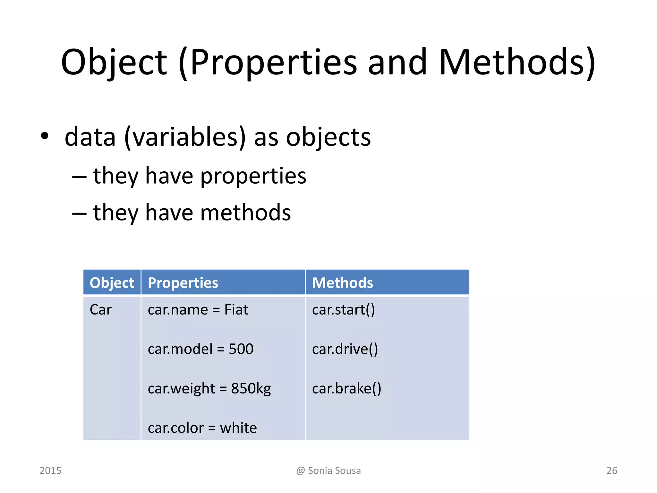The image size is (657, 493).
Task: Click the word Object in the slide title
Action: click(x=114, y=62)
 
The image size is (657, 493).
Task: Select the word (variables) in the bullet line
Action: click(x=185, y=137)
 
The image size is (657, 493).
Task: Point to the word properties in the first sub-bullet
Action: click(x=253, y=176)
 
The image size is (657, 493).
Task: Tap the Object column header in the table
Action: click(x=112, y=283)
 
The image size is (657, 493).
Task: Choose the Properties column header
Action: click(x=183, y=283)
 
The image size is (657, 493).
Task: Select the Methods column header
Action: click(x=342, y=283)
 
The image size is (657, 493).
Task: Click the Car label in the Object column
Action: click(x=100, y=310)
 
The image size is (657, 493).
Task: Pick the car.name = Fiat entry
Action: click(x=198, y=310)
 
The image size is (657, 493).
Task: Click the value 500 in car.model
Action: click(x=241, y=349)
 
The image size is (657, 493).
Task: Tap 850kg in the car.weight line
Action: click(x=251, y=389)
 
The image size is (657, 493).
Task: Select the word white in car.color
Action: click(x=238, y=428)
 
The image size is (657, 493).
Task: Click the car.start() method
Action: click(x=343, y=310)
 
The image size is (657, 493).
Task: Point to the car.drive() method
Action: click(x=345, y=349)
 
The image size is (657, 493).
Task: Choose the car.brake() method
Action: click(x=346, y=389)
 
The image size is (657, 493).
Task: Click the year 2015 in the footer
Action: click(x=50, y=471)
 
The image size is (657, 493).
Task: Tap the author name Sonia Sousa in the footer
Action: click(x=334, y=471)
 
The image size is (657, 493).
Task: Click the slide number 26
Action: click(x=612, y=471)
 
